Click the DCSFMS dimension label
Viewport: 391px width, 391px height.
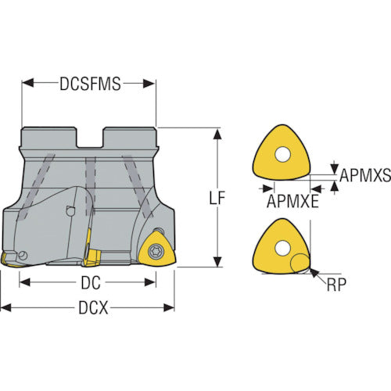90,84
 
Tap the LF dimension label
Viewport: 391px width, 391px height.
217,198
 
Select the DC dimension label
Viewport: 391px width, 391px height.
91,283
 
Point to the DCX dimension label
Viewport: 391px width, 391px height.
93,307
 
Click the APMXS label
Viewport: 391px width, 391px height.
365,175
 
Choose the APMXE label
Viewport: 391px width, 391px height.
292,201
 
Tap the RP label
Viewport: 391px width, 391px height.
336,285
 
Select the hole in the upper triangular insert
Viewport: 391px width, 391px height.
282,155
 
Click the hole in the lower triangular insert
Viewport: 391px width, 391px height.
282,248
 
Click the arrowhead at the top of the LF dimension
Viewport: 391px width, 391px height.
217,134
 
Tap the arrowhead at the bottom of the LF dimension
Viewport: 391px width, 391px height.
217,261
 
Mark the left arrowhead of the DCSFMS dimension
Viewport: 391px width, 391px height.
28,83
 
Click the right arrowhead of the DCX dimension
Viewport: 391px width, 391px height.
169,307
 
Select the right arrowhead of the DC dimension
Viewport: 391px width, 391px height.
150,282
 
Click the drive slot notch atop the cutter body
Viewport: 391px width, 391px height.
90,137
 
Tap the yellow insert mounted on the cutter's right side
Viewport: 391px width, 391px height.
157,249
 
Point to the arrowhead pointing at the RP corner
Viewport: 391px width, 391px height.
314,273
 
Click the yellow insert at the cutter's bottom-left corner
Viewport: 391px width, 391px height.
10,260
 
